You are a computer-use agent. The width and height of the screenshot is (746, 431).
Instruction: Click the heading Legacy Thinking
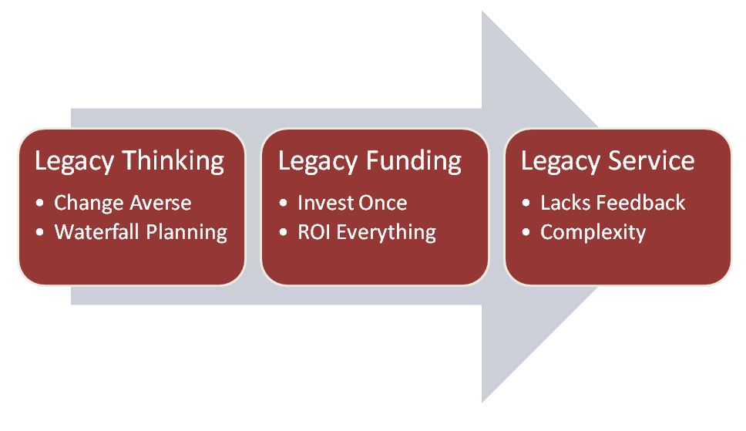click(129, 161)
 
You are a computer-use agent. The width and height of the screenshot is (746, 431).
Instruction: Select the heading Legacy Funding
click(370, 161)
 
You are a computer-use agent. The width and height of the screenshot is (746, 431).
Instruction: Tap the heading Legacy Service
click(607, 161)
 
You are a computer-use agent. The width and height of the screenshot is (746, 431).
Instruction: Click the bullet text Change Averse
click(123, 204)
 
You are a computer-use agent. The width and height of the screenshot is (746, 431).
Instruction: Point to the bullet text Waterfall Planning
click(141, 232)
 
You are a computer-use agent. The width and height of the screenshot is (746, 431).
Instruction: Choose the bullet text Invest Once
click(352, 204)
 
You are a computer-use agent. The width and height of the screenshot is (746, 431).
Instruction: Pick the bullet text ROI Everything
click(367, 232)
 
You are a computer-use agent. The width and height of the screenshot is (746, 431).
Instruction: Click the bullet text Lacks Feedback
click(613, 204)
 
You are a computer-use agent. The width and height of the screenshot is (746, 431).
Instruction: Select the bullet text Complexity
click(593, 232)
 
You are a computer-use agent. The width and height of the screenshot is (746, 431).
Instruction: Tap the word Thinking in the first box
click(173, 161)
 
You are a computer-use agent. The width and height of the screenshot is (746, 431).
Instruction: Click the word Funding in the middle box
click(414, 161)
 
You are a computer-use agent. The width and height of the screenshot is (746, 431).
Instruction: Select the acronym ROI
click(313, 232)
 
